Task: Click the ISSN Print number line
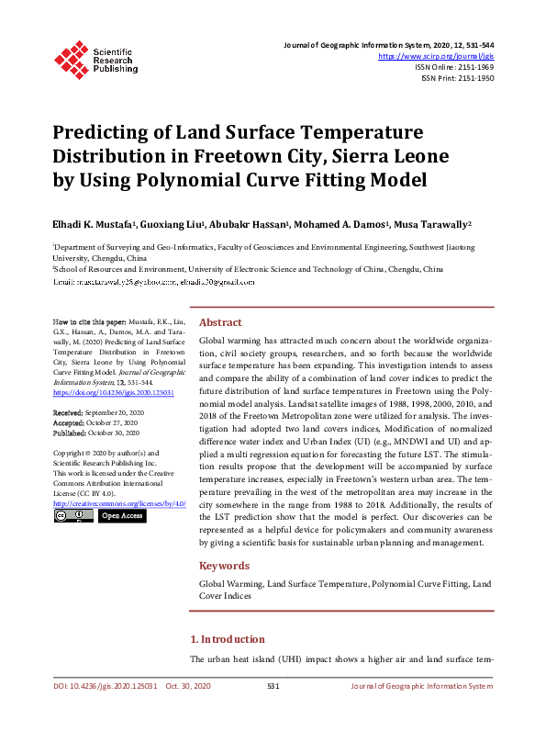458,78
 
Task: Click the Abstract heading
220,322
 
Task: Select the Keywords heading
224,566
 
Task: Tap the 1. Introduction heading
227,639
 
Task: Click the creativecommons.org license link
119,503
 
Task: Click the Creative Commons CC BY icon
73,516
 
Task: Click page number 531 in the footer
273,686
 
